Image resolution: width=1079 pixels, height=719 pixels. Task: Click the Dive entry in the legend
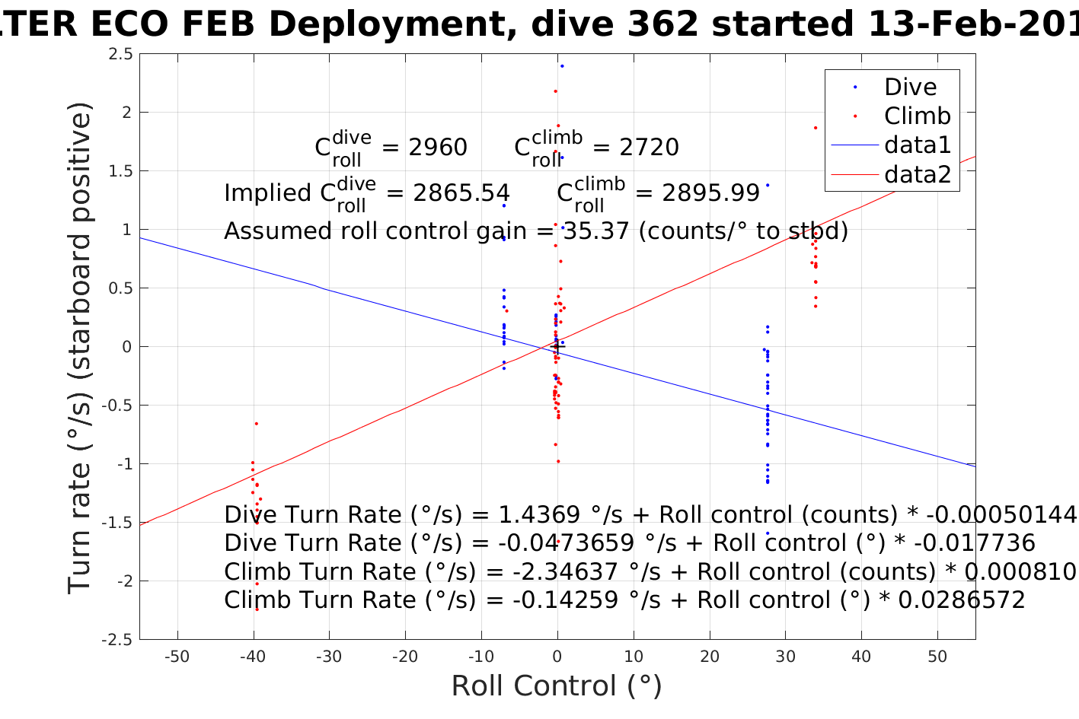910,87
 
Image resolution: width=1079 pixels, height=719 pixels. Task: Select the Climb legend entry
917,116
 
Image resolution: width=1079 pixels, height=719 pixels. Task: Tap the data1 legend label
918,145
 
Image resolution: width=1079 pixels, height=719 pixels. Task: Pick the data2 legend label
918,175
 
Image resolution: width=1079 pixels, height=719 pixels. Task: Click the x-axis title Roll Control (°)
557,686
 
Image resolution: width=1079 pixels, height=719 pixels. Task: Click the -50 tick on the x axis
177,657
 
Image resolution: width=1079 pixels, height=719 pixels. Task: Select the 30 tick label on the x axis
785,657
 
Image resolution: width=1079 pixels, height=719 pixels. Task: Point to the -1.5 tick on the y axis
118,523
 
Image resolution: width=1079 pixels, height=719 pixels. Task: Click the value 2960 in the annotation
438,148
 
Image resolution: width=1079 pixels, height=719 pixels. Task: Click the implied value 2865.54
461,193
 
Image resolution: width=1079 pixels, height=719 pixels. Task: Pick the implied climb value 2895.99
711,193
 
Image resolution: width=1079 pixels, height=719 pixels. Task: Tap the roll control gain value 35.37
594,231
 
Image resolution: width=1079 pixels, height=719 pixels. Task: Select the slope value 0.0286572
962,600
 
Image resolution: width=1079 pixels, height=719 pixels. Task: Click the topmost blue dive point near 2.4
562,66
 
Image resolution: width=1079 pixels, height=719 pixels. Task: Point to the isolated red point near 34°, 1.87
816,128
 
